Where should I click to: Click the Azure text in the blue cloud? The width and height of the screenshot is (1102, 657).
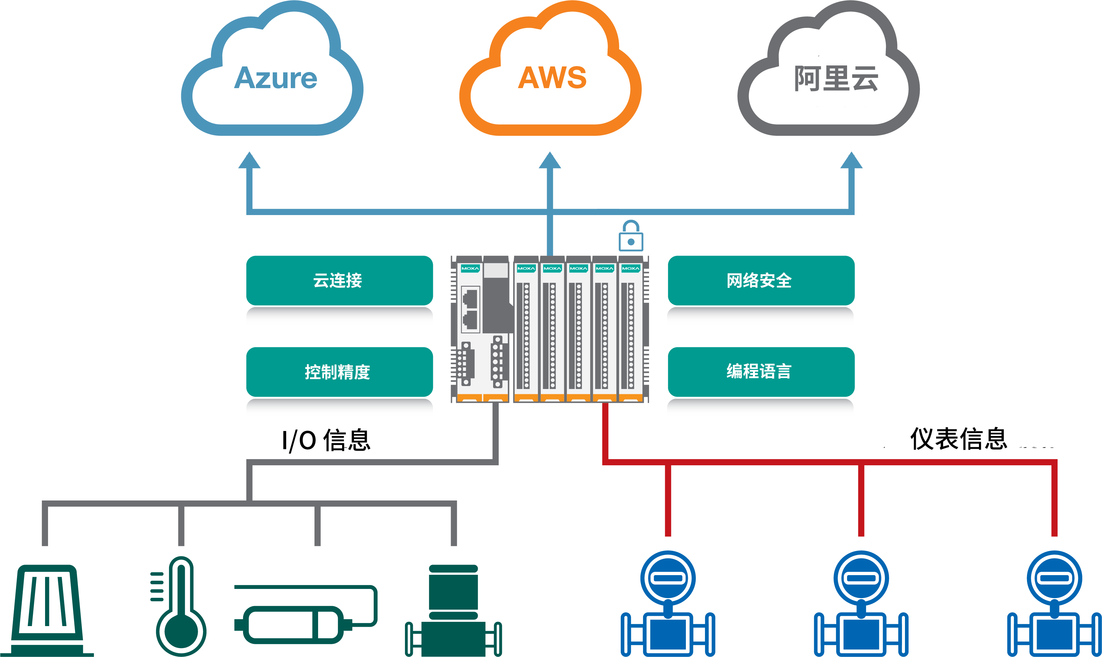[275, 78]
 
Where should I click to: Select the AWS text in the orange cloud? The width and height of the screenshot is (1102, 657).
[552, 78]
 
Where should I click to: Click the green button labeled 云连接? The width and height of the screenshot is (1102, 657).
[339, 280]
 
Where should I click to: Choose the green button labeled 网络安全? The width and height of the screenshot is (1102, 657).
[761, 280]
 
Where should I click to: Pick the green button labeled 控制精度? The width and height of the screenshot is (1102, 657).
[339, 372]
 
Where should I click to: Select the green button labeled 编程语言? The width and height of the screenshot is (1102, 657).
[761, 372]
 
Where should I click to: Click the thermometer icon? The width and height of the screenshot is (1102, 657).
[181, 607]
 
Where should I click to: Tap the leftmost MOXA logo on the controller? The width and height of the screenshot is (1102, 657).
[470, 268]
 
